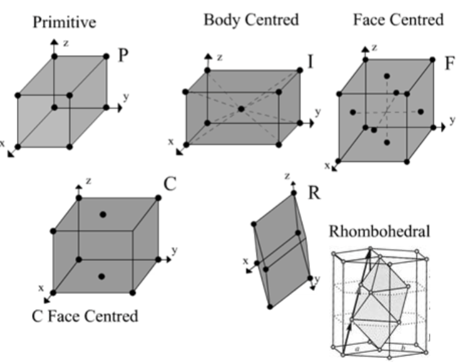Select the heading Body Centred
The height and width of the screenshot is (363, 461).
(x=251, y=19)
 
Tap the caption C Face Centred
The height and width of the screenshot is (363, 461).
(x=85, y=316)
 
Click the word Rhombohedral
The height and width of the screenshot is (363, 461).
(x=380, y=231)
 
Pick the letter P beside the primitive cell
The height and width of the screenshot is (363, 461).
(x=123, y=56)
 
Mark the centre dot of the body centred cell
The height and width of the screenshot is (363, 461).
(x=241, y=109)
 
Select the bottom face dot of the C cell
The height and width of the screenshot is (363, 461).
(x=102, y=276)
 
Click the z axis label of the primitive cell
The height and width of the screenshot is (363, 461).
(x=66, y=44)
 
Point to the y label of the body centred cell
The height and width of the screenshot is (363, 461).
(x=318, y=111)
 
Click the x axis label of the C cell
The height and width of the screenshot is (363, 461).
(x=41, y=289)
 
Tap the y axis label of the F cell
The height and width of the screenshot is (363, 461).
(x=452, y=118)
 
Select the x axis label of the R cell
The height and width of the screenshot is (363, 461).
(x=246, y=261)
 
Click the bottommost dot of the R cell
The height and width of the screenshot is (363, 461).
(x=270, y=306)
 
